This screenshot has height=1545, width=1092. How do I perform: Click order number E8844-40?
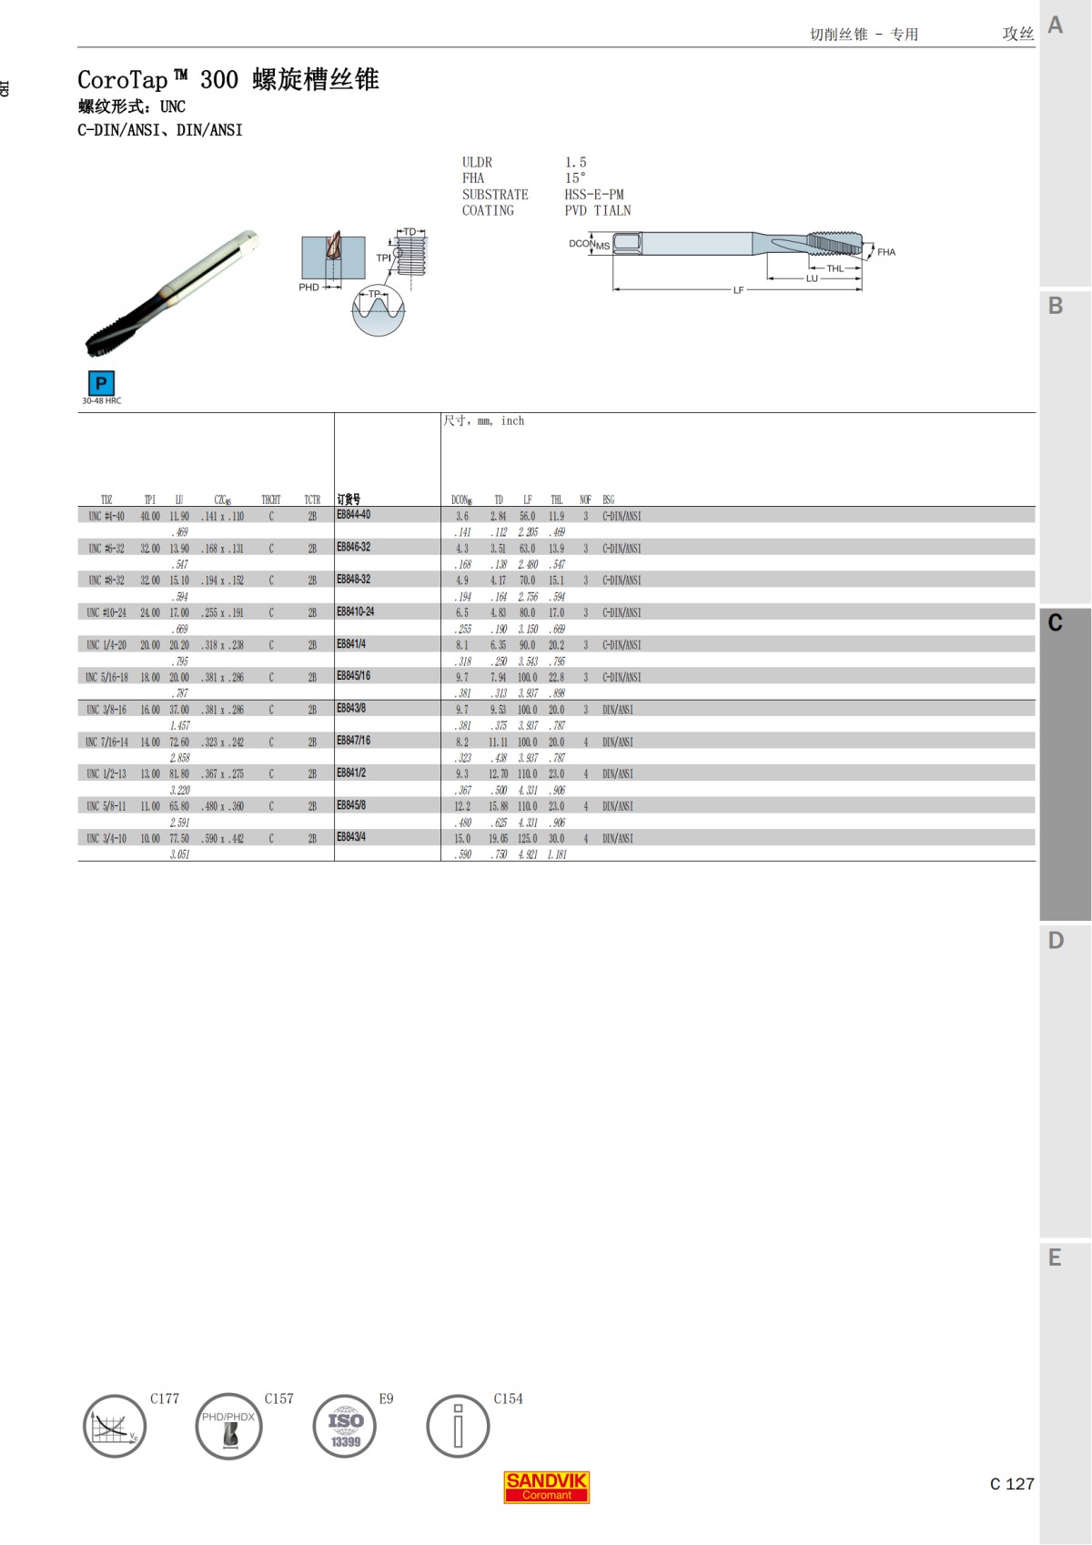353,515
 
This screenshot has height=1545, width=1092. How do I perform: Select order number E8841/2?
351,772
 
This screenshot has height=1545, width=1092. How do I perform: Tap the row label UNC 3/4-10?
106,838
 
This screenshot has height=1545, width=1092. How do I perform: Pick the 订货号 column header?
349,499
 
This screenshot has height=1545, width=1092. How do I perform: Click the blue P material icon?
101,383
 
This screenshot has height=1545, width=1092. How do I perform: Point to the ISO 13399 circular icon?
345,1426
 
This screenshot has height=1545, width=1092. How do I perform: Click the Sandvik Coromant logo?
547,1487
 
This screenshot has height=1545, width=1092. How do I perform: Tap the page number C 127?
1012,1484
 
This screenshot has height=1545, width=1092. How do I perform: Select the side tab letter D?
1056,940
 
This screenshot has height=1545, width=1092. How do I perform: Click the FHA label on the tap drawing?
886,252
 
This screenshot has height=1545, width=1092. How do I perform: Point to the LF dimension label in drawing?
738,290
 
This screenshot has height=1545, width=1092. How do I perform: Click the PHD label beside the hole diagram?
309,288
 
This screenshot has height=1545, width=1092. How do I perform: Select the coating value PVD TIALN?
598,210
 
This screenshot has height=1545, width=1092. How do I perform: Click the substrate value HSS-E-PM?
594,195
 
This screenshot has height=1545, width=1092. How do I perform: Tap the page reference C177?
165,1399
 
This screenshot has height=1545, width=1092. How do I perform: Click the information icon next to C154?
458,1426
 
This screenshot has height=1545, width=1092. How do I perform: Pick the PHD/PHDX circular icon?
228,1426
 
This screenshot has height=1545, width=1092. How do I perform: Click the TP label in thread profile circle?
374,294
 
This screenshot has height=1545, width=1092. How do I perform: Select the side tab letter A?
1056,25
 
